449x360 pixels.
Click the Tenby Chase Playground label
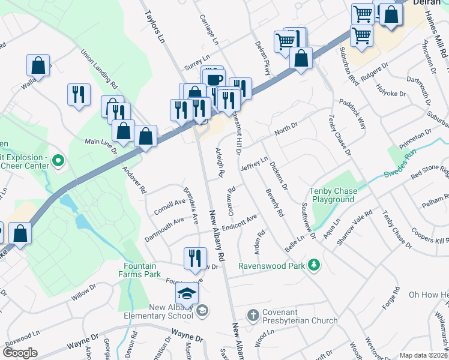click(x=332, y=195)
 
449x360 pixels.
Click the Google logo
click(x=20, y=352)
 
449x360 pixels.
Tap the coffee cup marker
click(x=212, y=78)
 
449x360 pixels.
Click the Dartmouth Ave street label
click(x=164, y=230)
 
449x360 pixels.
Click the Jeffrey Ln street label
click(x=253, y=164)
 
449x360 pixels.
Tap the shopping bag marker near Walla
click(x=38, y=65)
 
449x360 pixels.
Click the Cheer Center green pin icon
click(x=58, y=160)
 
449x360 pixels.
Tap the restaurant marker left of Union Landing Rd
click(x=79, y=95)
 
